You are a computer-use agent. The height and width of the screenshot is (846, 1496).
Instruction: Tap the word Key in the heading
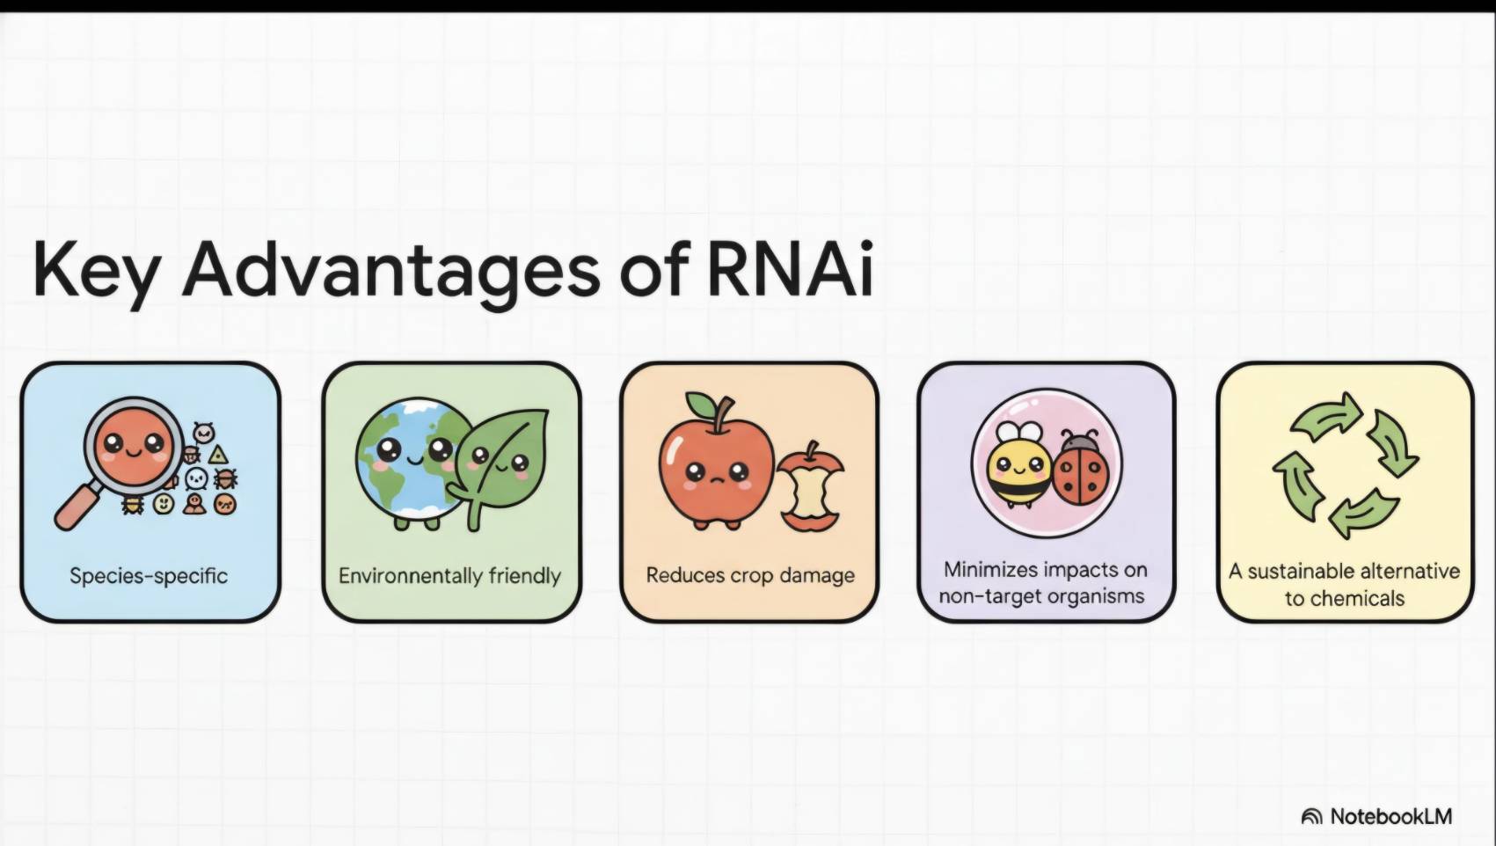pos(96,273)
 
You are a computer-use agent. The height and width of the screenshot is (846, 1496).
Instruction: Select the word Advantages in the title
pos(390,273)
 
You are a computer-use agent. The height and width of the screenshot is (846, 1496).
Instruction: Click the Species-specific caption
pos(149,575)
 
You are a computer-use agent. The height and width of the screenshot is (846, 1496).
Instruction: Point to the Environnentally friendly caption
pos(449,575)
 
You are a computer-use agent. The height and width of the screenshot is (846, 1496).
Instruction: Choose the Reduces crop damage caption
pos(750,575)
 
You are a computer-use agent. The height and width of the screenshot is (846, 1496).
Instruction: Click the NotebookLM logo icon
pos(1311,816)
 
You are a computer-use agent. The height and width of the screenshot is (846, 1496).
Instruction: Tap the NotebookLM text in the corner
pos(1391,816)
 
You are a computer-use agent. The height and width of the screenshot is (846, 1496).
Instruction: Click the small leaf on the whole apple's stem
pos(701,404)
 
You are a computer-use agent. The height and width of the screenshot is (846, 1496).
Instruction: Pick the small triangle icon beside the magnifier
pos(218,455)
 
